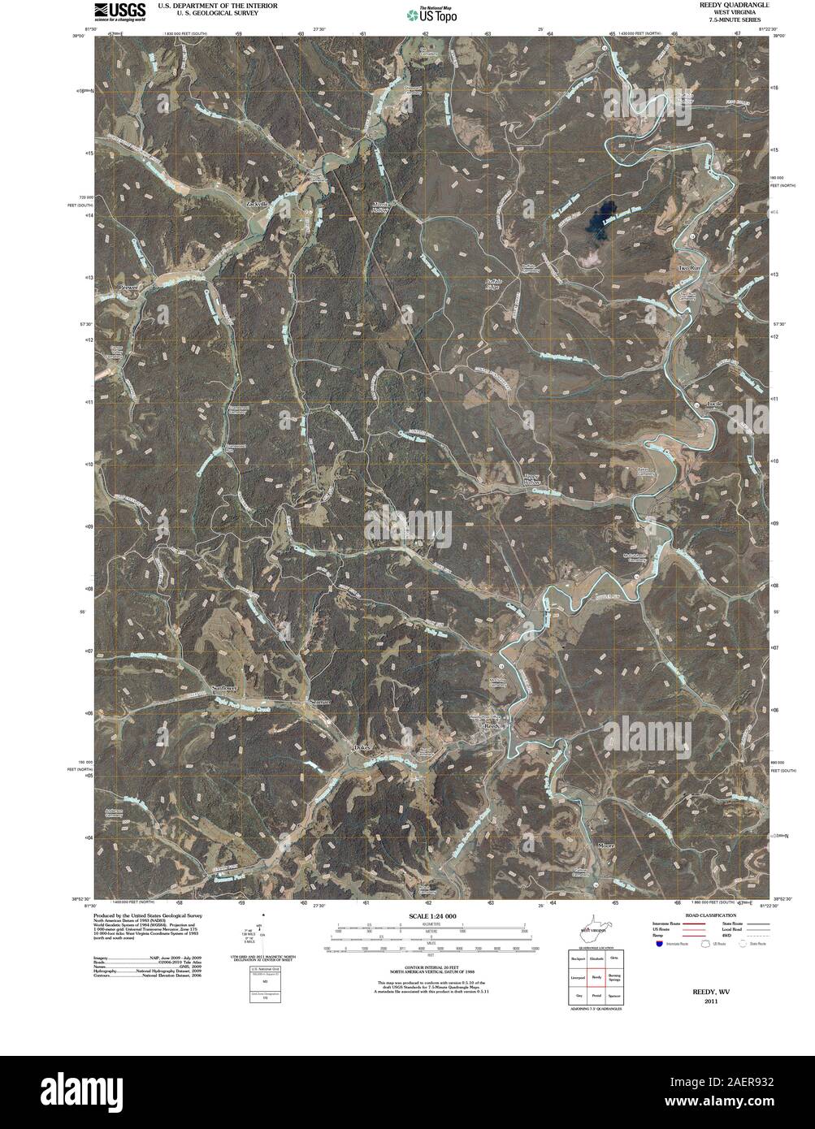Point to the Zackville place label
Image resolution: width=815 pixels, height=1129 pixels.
[257, 203]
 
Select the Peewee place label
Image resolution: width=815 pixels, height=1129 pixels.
[129, 288]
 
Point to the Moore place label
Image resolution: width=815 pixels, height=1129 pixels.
[609, 846]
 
